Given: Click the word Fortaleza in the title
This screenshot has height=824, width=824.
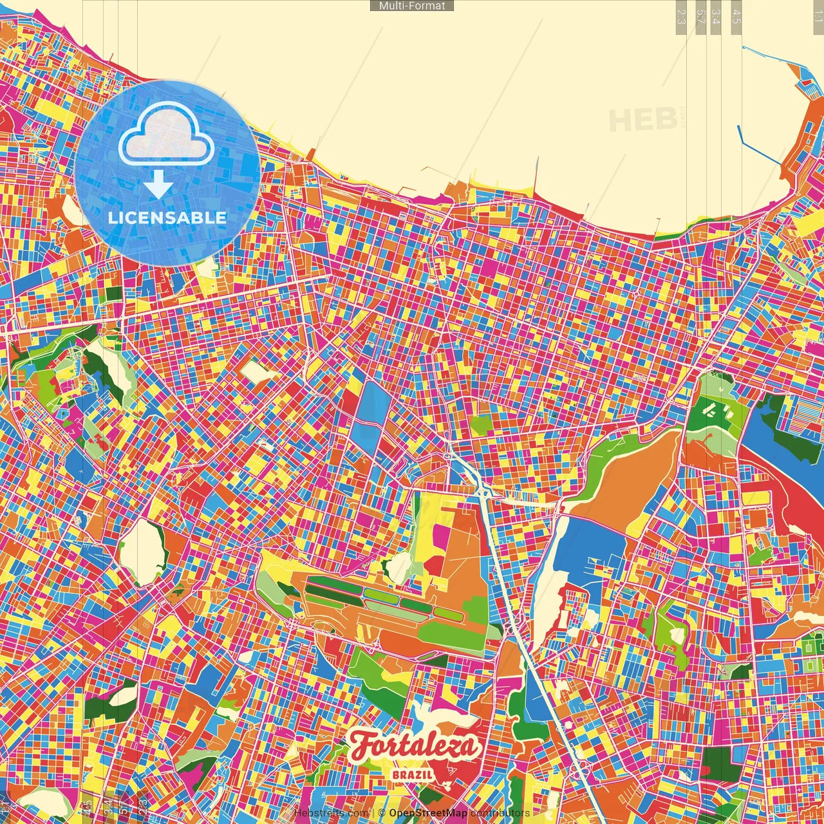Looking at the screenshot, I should [415, 745].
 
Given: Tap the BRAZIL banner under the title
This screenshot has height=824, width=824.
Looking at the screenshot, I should [412, 774].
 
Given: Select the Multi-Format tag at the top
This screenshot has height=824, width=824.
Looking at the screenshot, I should [412, 6].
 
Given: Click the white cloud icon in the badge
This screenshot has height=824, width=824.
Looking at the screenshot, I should [166, 135].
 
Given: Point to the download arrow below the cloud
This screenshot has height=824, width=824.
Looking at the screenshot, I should [158, 185].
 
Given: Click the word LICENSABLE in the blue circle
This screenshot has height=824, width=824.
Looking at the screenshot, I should [167, 218].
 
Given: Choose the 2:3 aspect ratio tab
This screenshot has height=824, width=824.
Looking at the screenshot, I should [681, 17].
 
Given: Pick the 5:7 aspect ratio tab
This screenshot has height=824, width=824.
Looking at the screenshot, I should [700, 17].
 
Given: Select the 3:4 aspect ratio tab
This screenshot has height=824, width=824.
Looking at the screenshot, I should [715, 17].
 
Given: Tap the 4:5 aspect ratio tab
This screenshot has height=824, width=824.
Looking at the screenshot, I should [736, 17].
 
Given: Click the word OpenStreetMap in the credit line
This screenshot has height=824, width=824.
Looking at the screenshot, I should [427, 813].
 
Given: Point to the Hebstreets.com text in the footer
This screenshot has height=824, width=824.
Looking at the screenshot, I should [331, 813].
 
